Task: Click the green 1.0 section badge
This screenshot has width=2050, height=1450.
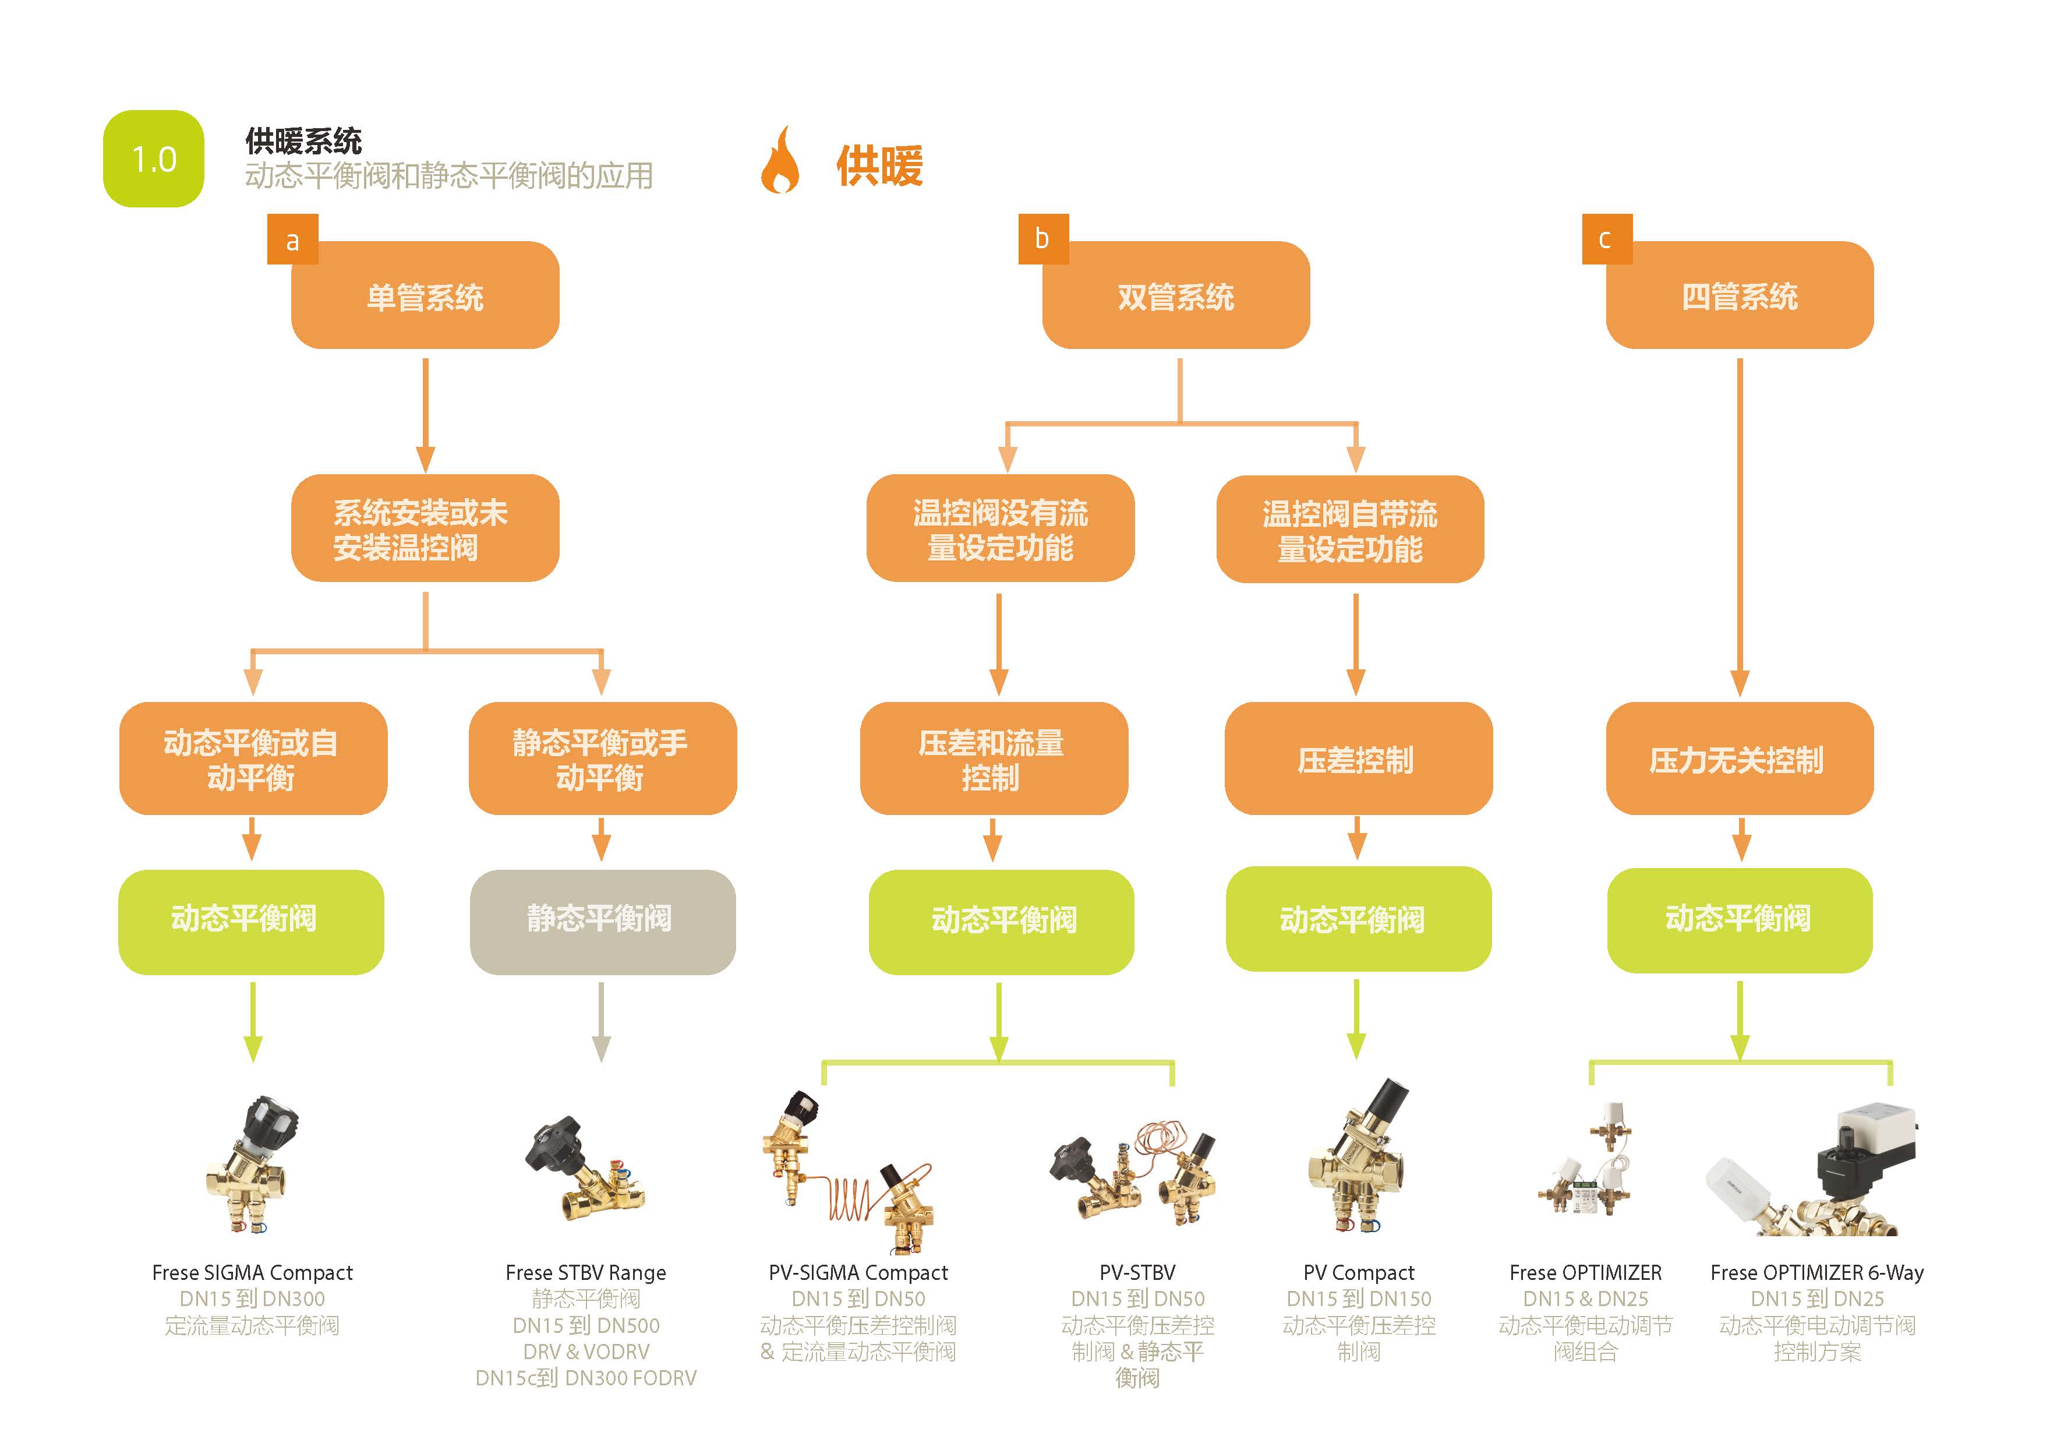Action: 154,159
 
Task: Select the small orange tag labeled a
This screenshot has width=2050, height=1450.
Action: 292,239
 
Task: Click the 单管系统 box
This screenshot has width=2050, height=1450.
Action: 425,295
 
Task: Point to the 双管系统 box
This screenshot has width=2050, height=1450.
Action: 1176,295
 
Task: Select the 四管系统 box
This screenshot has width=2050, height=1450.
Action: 1739,295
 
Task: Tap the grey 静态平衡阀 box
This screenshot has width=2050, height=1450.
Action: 603,922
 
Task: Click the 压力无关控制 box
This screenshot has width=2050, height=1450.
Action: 1739,759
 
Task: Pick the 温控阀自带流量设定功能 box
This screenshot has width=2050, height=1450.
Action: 1350,530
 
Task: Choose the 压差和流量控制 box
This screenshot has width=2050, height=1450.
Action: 994,759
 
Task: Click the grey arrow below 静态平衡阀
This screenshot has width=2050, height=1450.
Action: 602,1022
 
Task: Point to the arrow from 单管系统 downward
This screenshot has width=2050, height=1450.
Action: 426,415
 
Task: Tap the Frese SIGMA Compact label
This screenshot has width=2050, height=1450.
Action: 253,1272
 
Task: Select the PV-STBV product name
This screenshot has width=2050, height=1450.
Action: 1137,1272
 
